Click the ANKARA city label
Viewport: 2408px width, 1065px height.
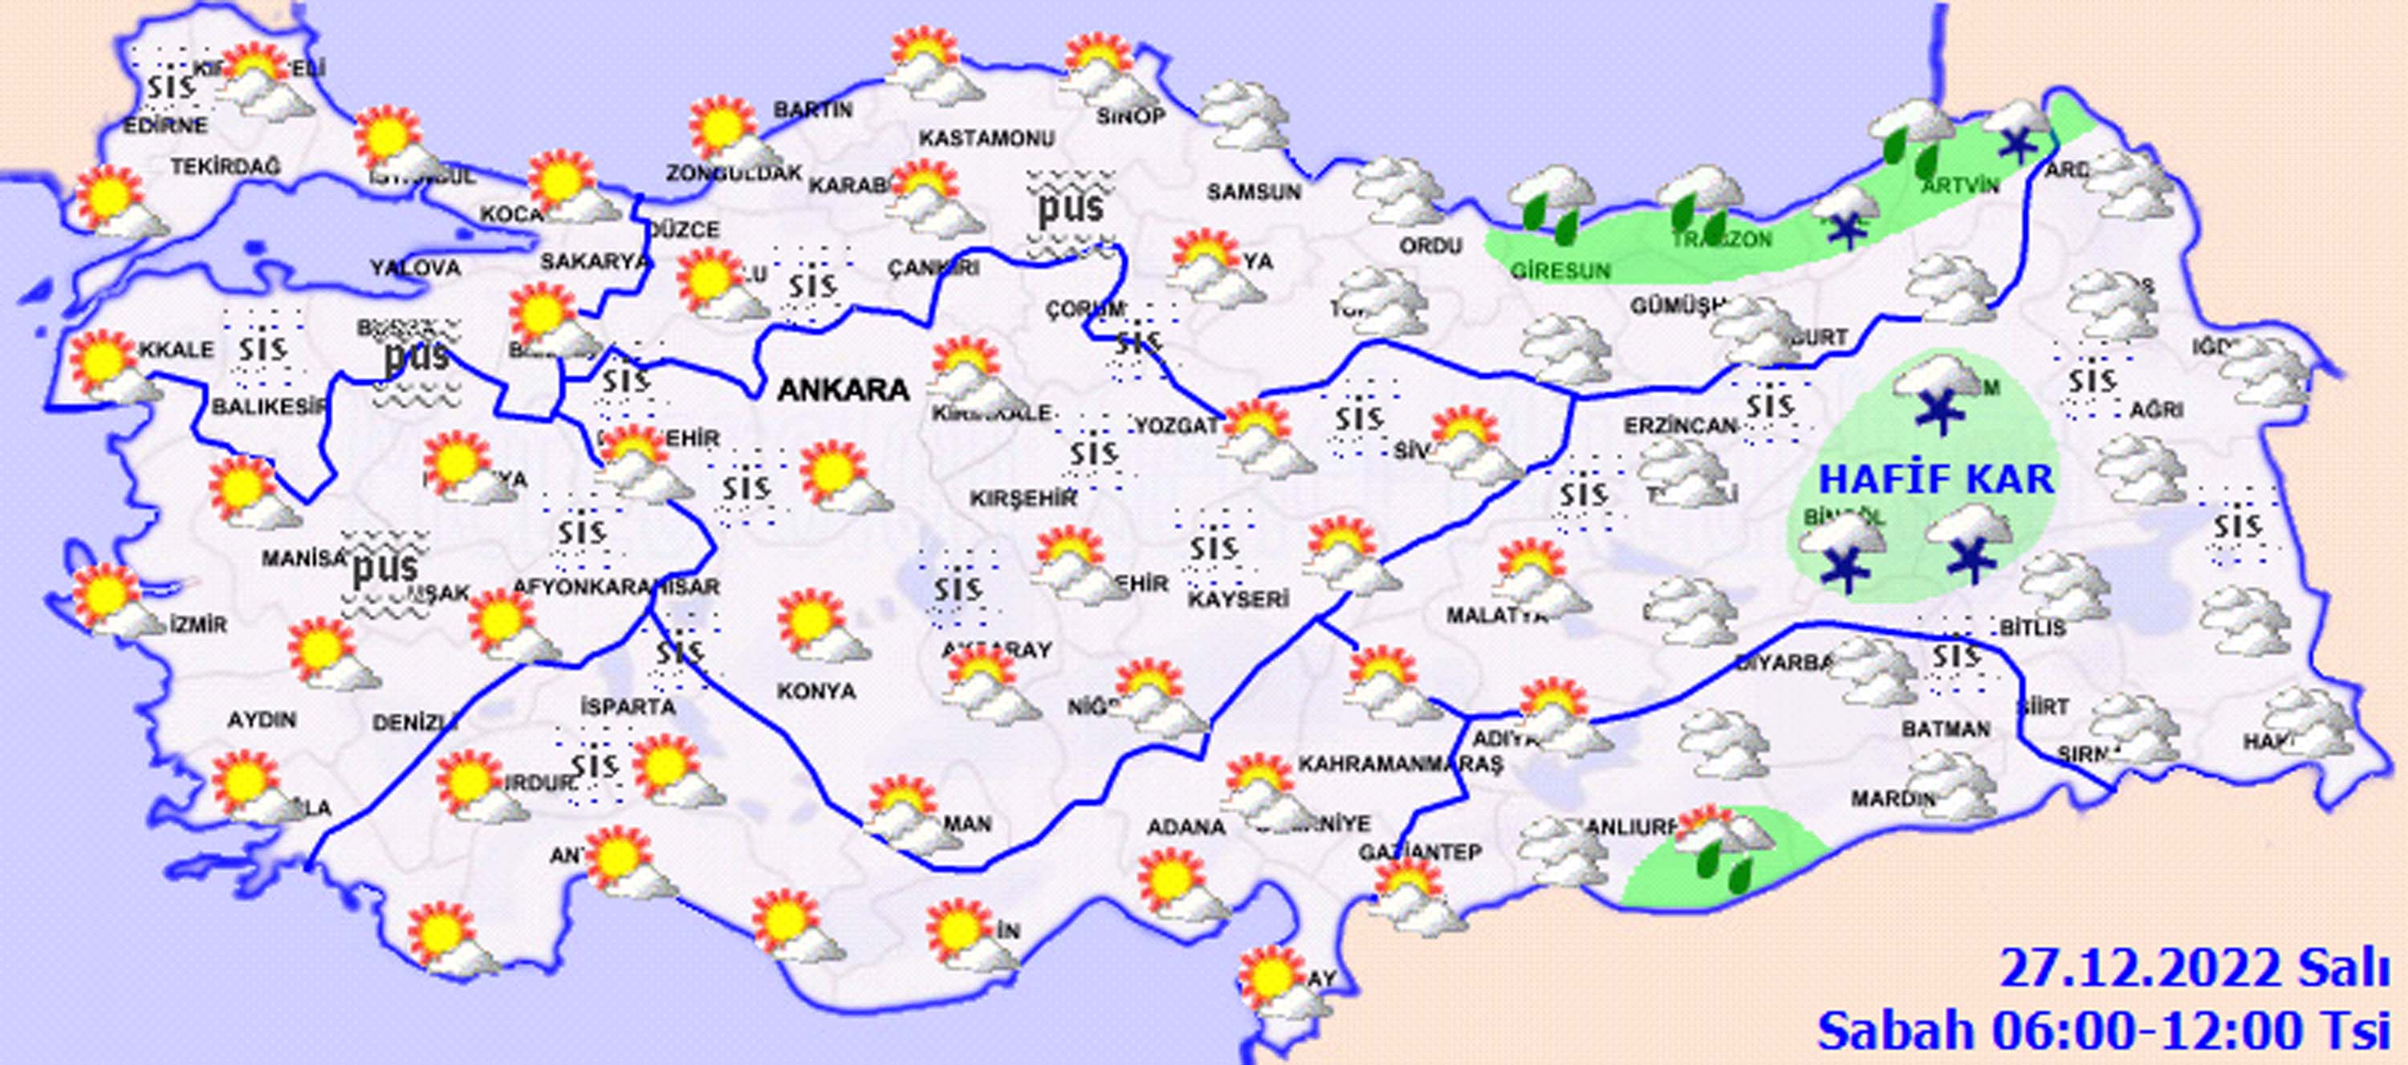[x=843, y=389]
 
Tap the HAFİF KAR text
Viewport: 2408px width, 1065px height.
[x=1936, y=479]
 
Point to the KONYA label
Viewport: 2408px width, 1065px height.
[x=816, y=691]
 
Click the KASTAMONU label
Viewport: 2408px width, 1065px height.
[x=986, y=138]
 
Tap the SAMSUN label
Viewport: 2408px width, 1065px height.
[x=1254, y=192]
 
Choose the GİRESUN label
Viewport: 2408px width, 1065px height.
[x=1560, y=271]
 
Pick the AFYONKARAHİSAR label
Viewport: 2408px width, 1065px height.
[x=616, y=586]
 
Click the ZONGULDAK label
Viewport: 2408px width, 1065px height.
[x=734, y=173]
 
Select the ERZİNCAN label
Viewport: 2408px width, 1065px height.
[x=1679, y=426]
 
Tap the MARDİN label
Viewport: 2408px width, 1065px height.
[x=1892, y=799]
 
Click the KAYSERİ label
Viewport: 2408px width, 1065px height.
[x=1239, y=599]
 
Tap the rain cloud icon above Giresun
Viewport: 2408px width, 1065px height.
[x=1552, y=200]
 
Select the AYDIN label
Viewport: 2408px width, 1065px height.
[x=262, y=720]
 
